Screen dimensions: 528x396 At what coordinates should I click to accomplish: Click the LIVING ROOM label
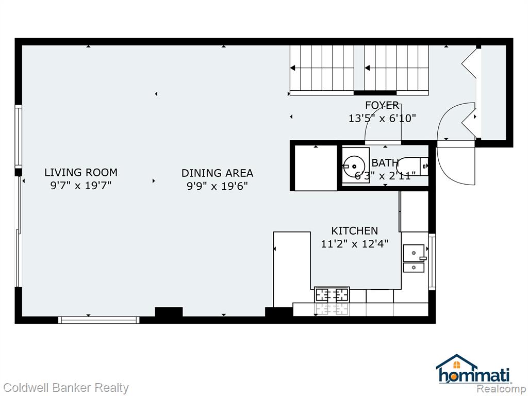point(81,172)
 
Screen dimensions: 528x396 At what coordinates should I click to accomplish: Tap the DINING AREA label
point(217,173)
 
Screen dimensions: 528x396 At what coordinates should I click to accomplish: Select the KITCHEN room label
point(355,230)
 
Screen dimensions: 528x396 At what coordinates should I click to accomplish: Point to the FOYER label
point(382,105)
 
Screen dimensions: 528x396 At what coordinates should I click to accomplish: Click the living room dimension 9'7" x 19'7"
point(81,185)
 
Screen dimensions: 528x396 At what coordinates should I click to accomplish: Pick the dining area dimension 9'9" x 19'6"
point(217,186)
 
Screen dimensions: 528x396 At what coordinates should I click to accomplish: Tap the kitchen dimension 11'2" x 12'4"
point(355,243)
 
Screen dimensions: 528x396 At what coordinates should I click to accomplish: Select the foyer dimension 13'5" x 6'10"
point(382,118)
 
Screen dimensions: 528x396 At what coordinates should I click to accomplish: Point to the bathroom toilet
point(412,166)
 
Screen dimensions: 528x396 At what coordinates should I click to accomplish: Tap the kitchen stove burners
point(332,294)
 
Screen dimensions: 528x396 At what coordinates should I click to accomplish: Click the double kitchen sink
point(414,259)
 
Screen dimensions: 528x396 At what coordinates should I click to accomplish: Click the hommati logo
point(474,369)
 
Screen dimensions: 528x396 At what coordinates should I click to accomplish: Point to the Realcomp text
point(501,389)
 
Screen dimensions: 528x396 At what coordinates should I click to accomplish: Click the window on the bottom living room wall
point(98,320)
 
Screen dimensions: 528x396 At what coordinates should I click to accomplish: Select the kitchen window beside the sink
point(432,261)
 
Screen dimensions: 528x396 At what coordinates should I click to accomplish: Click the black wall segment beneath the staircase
point(375,93)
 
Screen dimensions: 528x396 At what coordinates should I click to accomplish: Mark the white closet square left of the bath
point(316,168)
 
